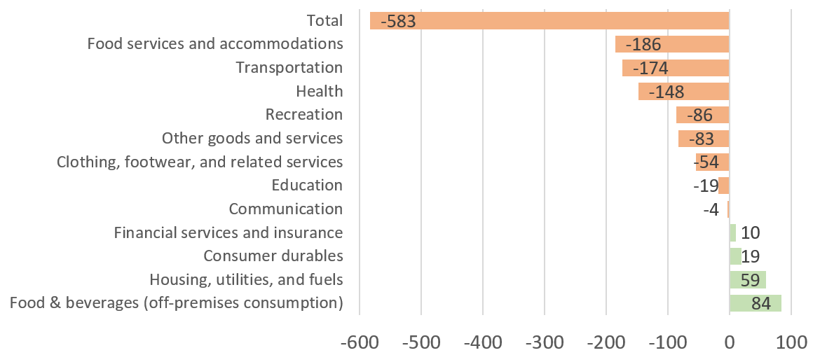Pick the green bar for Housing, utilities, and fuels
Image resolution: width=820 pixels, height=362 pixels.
(x=747, y=280)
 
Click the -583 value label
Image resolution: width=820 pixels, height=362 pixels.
(x=398, y=21)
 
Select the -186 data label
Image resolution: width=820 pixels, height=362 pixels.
(x=643, y=45)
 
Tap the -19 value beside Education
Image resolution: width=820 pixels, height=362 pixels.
(x=706, y=186)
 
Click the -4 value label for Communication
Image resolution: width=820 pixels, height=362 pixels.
(x=711, y=209)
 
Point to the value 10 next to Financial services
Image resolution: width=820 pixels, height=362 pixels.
(x=750, y=233)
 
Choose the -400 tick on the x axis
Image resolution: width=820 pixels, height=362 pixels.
(x=482, y=344)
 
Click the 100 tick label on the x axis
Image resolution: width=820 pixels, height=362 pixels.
(x=791, y=344)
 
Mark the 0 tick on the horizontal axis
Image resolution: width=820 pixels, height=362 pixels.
(x=729, y=344)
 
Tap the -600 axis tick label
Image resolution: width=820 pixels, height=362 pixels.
(x=360, y=344)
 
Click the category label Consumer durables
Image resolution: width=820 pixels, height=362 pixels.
(x=273, y=256)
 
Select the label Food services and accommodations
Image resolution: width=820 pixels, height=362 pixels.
(x=215, y=44)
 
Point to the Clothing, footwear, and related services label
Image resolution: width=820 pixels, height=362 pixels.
(x=200, y=162)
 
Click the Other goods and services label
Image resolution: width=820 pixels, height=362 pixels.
(x=252, y=138)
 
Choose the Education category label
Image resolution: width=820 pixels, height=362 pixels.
(x=307, y=186)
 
